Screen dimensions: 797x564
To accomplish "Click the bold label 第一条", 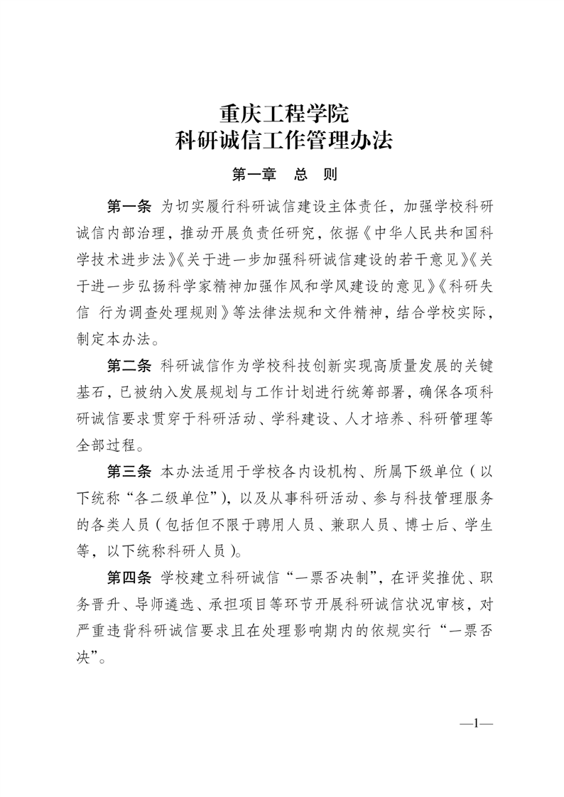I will tap(129, 207).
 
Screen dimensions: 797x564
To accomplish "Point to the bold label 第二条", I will tap(129, 367).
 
